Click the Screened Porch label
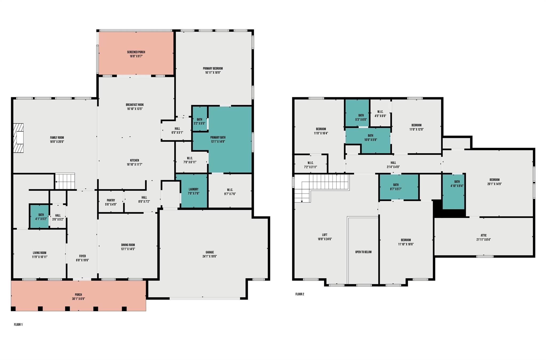click(136, 52)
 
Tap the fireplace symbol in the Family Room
click(19, 138)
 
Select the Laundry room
click(194, 191)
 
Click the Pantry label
click(111, 200)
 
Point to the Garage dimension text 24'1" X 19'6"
click(210, 257)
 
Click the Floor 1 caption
click(18, 325)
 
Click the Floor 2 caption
click(300, 294)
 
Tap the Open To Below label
click(363, 252)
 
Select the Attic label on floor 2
click(483, 235)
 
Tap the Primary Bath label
click(218, 138)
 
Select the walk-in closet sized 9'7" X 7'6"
click(230, 191)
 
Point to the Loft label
click(324, 235)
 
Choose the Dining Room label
click(128, 245)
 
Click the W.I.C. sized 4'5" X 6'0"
click(380, 114)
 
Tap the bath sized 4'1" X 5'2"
click(39, 217)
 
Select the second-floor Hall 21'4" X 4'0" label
click(393, 163)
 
